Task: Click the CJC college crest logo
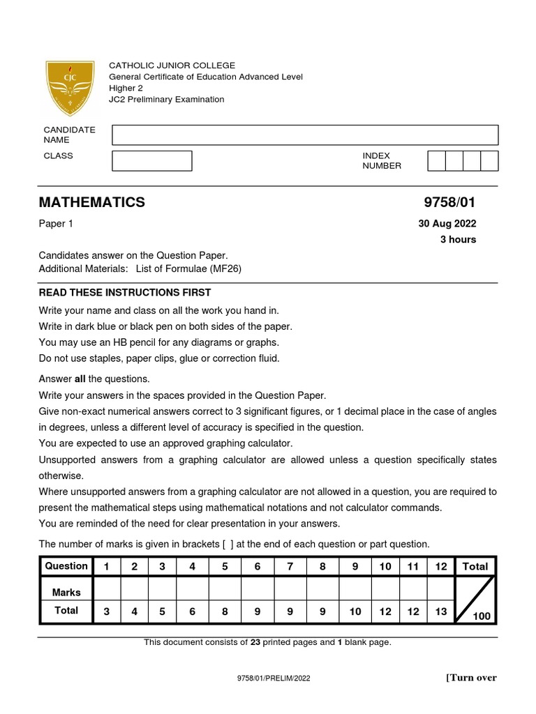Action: tap(70, 89)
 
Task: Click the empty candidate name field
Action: tap(305, 135)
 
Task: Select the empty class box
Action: tap(152, 161)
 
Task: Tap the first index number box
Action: tap(435, 161)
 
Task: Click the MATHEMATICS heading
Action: tap(92, 202)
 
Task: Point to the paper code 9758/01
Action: tap(449, 202)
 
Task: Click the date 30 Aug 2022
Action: tap(447, 224)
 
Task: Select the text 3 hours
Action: tap(458, 239)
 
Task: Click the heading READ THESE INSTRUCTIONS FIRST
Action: tap(125, 292)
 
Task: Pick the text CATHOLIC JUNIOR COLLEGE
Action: tap(172, 66)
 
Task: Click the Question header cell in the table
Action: tap(66, 566)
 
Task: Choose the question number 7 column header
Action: tap(290, 567)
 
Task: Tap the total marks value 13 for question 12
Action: tap(440, 612)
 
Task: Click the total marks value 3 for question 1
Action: tap(107, 612)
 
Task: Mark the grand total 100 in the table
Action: tap(481, 616)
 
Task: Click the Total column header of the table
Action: tap(475, 567)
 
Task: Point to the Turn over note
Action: tap(471, 678)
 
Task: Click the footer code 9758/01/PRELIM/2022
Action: tap(269, 678)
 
